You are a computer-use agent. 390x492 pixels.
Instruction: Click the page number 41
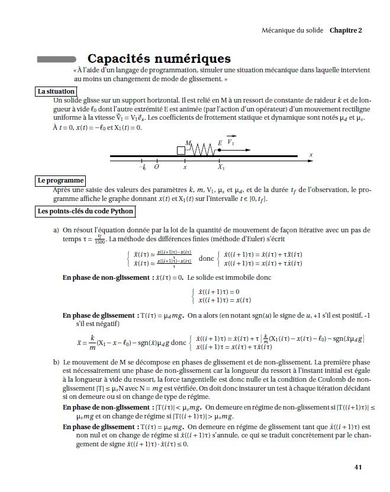pos(357,467)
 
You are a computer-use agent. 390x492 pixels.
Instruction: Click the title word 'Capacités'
pos(124,59)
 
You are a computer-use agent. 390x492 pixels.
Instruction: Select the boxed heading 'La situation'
pos(56,91)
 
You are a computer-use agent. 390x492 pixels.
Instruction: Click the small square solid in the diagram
pos(181,151)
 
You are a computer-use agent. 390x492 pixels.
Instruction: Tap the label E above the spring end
pos(220,143)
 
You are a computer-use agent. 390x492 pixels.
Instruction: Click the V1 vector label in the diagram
pos(231,142)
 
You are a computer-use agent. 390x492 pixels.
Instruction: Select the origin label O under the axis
pos(156,167)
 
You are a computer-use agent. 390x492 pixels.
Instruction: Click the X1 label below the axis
pos(221,167)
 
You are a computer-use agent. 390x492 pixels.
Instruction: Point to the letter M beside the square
pos(188,143)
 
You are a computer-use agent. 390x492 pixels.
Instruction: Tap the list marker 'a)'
pos(56,229)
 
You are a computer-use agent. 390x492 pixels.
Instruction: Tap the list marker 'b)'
pos(56,361)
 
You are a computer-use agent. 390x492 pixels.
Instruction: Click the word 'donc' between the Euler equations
pos(206,258)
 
